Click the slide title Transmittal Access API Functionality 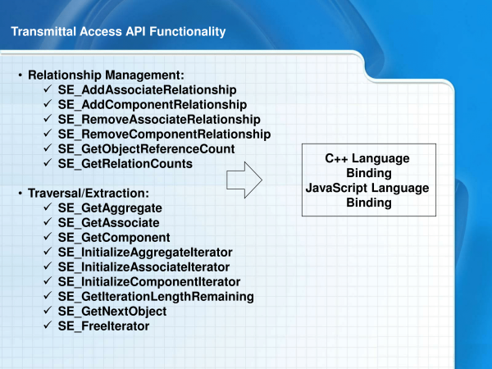pyautogui.click(x=118, y=32)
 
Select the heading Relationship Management pyautogui.click(x=106, y=75)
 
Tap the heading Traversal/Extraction pyautogui.click(x=89, y=194)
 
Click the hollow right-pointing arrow pyautogui.click(x=244, y=180)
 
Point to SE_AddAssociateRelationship pyautogui.click(x=147, y=90)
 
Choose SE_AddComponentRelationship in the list pyautogui.click(x=153, y=105)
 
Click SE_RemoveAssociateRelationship pyautogui.click(x=159, y=120)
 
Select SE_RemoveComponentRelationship pyautogui.click(x=165, y=134)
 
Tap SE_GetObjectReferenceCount pyautogui.click(x=146, y=149)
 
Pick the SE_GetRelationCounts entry pyautogui.click(x=125, y=164)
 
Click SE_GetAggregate pyautogui.click(x=110, y=208)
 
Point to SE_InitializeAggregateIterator pyautogui.click(x=145, y=253)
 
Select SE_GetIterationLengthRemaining pyautogui.click(x=156, y=297)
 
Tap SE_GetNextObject pyautogui.click(x=112, y=312)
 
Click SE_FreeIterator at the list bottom pyautogui.click(x=103, y=326)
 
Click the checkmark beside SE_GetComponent pyautogui.click(x=48, y=236)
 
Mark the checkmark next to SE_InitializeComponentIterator pyautogui.click(x=48, y=280)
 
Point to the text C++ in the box pyautogui.click(x=336, y=158)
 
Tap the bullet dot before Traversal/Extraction pyautogui.click(x=20, y=194)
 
